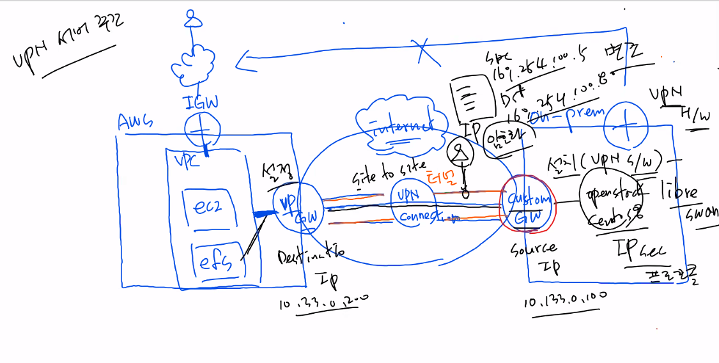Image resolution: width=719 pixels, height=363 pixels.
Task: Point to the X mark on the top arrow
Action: [x=422, y=50]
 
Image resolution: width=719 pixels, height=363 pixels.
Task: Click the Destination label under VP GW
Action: [x=311, y=256]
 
